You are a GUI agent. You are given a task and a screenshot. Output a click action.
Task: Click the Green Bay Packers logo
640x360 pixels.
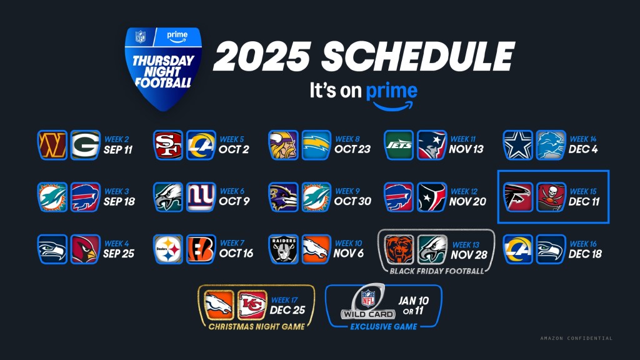85,145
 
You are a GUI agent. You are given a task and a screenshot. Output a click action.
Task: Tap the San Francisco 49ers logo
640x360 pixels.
168,145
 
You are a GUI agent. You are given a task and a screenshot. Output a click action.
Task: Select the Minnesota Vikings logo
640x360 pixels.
283,145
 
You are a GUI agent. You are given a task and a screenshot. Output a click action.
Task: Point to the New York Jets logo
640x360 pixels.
399,145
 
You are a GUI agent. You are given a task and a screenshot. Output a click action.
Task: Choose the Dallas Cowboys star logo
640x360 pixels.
518,145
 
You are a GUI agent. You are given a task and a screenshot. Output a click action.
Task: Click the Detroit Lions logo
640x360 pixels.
551,145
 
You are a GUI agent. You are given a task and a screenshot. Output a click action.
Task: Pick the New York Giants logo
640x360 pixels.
201,197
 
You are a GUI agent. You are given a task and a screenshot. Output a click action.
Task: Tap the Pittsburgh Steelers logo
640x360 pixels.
168,249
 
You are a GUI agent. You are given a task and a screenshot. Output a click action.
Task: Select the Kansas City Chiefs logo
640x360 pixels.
252,304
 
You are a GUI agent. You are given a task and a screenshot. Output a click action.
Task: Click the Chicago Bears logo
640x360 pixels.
399,249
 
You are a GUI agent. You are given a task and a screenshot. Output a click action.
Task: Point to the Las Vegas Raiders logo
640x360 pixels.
283,249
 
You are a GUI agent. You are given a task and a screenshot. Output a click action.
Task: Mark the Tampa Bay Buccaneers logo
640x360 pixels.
551,197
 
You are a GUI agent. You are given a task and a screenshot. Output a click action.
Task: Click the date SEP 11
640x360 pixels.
118,150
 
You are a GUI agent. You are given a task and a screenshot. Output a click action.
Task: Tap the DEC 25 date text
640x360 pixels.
287,310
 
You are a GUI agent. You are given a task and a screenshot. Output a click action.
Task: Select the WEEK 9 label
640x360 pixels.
347,191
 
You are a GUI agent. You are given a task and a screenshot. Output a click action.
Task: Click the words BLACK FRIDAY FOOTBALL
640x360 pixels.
437,271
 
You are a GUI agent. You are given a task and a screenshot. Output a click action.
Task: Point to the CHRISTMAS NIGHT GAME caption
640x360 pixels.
257,326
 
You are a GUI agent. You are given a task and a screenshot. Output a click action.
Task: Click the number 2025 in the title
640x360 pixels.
262,56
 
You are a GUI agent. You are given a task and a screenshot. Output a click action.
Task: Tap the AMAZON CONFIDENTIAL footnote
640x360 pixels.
576,338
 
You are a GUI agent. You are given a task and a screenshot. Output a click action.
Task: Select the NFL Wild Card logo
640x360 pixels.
369,302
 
